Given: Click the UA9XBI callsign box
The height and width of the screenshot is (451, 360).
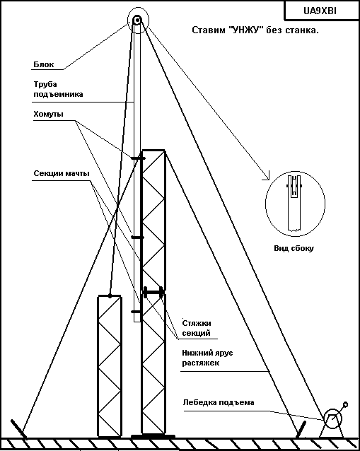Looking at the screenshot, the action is pyautogui.click(x=322, y=11).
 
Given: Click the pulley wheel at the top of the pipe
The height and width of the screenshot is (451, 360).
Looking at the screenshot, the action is pyautogui.click(x=137, y=20).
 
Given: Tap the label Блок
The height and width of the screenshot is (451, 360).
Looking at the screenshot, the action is pyautogui.click(x=43, y=64).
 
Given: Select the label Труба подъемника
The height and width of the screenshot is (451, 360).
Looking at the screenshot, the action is pyautogui.click(x=58, y=89).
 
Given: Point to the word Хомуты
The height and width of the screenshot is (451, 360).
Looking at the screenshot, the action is pyautogui.click(x=48, y=114).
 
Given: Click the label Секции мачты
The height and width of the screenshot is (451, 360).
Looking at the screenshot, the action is pyautogui.click(x=62, y=173).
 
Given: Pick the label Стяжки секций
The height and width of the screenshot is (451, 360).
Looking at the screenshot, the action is pyautogui.click(x=197, y=328).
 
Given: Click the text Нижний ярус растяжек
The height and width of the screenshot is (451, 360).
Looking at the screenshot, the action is pyautogui.click(x=207, y=358).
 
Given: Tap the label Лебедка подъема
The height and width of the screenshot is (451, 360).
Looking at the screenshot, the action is pyautogui.click(x=219, y=402).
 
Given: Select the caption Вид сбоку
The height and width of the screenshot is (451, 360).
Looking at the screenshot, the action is pyautogui.click(x=294, y=248).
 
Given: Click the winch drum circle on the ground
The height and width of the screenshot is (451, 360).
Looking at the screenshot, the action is pyautogui.click(x=333, y=418).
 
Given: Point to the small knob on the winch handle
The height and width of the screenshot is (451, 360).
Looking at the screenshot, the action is pyautogui.click(x=346, y=404).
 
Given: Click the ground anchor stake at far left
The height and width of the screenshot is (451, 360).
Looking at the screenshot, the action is pyautogui.click(x=18, y=429).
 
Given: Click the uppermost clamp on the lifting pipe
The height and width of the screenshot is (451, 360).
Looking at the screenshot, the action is pyautogui.click(x=138, y=158).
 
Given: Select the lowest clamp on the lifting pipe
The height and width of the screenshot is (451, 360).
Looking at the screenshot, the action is pyautogui.click(x=136, y=312).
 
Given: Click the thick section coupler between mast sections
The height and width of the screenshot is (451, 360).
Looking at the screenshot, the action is pyautogui.click(x=153, y=293).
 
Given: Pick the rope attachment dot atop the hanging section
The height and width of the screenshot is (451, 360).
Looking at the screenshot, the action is pyautogui.click(x=110, y=295).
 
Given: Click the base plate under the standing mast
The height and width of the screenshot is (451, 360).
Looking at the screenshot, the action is pyautogui.click(x=153, y=436).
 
